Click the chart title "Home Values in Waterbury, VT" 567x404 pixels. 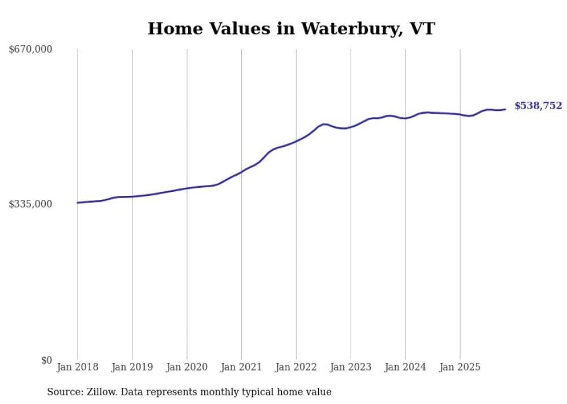pyautogui.click(x=291, y=28)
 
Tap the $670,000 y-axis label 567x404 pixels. pyautogui.click(x=31, y=50)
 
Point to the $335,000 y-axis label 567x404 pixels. pyautogui.click(x=31, y=204)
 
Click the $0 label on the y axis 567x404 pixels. pyautogui.click(x=46, y=360)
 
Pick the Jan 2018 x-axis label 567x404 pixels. pyautogui.click(x=78, y=367)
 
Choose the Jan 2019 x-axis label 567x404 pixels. pyautogui.click(x=132, y=367)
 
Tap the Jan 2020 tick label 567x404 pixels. pyautogui.click(x=187, y=367)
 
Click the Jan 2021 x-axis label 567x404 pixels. pyautogui.click(x=241, y=367)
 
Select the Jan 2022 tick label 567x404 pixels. pyautogui.click(x=296, y=367)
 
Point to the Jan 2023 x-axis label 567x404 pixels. pyautogui.click(x=351, y=367)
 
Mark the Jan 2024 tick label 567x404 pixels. pyautogui.click(x=405, y=367)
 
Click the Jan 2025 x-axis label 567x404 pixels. pyautogui.click(x=460, y=367)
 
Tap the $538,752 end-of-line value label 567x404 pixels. pyautogui.click(x=538, y=106)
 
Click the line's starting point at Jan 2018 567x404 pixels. pyautogui.click(x=78, y=203)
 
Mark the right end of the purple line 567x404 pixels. pyautogui.click(x=505, y=109)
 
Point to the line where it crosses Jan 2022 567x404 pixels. pyautogui.click(x=296, y=141)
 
